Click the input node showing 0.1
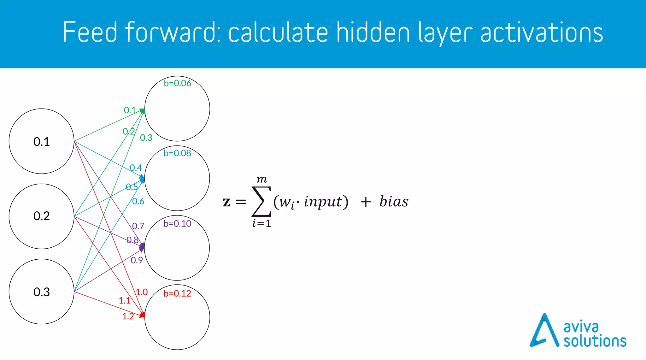pos(41,141)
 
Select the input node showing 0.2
pos(41,216)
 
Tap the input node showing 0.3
pos(41,292)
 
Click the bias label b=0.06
pos(177,83)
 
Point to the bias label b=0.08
pos(177,153)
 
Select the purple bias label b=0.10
pos(177,224)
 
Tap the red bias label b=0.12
pos(177,293)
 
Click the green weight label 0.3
pos(146,138)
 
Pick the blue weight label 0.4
pos(136,168)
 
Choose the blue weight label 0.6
pos(138,201)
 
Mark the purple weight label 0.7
pos(138,226)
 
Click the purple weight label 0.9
pos(137,260)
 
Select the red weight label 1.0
pos(142,292)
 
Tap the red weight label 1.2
pos(128,316)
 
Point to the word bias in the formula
pos(394,202)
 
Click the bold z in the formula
pos(226,202)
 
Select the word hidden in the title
pos(373,32)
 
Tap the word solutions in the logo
pos(595,341)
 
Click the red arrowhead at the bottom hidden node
pos(143,315)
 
